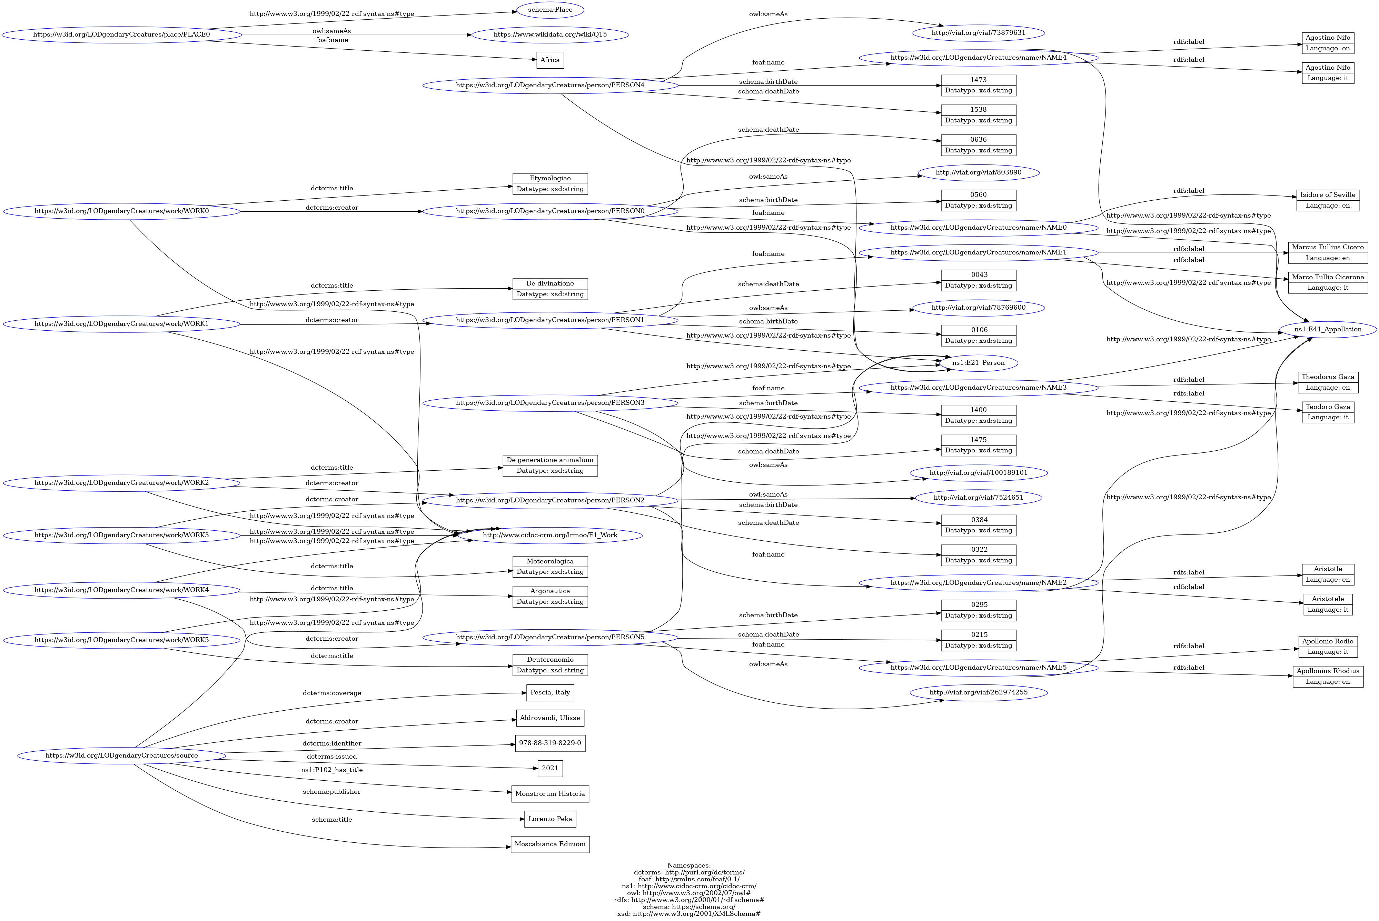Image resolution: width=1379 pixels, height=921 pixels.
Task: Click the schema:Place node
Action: click(549, 10)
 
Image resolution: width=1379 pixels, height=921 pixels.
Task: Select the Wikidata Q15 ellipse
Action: click(549, 35)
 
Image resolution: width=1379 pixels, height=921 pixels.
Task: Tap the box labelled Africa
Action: click(549, 60)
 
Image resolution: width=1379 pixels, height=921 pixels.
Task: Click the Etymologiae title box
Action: click(549, 183)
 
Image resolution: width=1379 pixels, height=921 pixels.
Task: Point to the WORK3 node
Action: click(122, 535)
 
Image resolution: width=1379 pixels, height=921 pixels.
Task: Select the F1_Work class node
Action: click(549, 535)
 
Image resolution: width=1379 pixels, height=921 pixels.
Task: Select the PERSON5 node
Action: click(549, 637)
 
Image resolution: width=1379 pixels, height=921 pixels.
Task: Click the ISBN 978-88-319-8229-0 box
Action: click(549, 743)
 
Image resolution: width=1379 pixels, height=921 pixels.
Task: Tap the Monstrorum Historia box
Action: click(549, 793)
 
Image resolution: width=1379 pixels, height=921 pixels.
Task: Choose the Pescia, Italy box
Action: click(549, 692)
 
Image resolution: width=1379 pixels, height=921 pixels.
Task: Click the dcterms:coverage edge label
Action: click(332, 693)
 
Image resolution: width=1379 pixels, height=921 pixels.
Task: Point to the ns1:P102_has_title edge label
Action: click(332, 770)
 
